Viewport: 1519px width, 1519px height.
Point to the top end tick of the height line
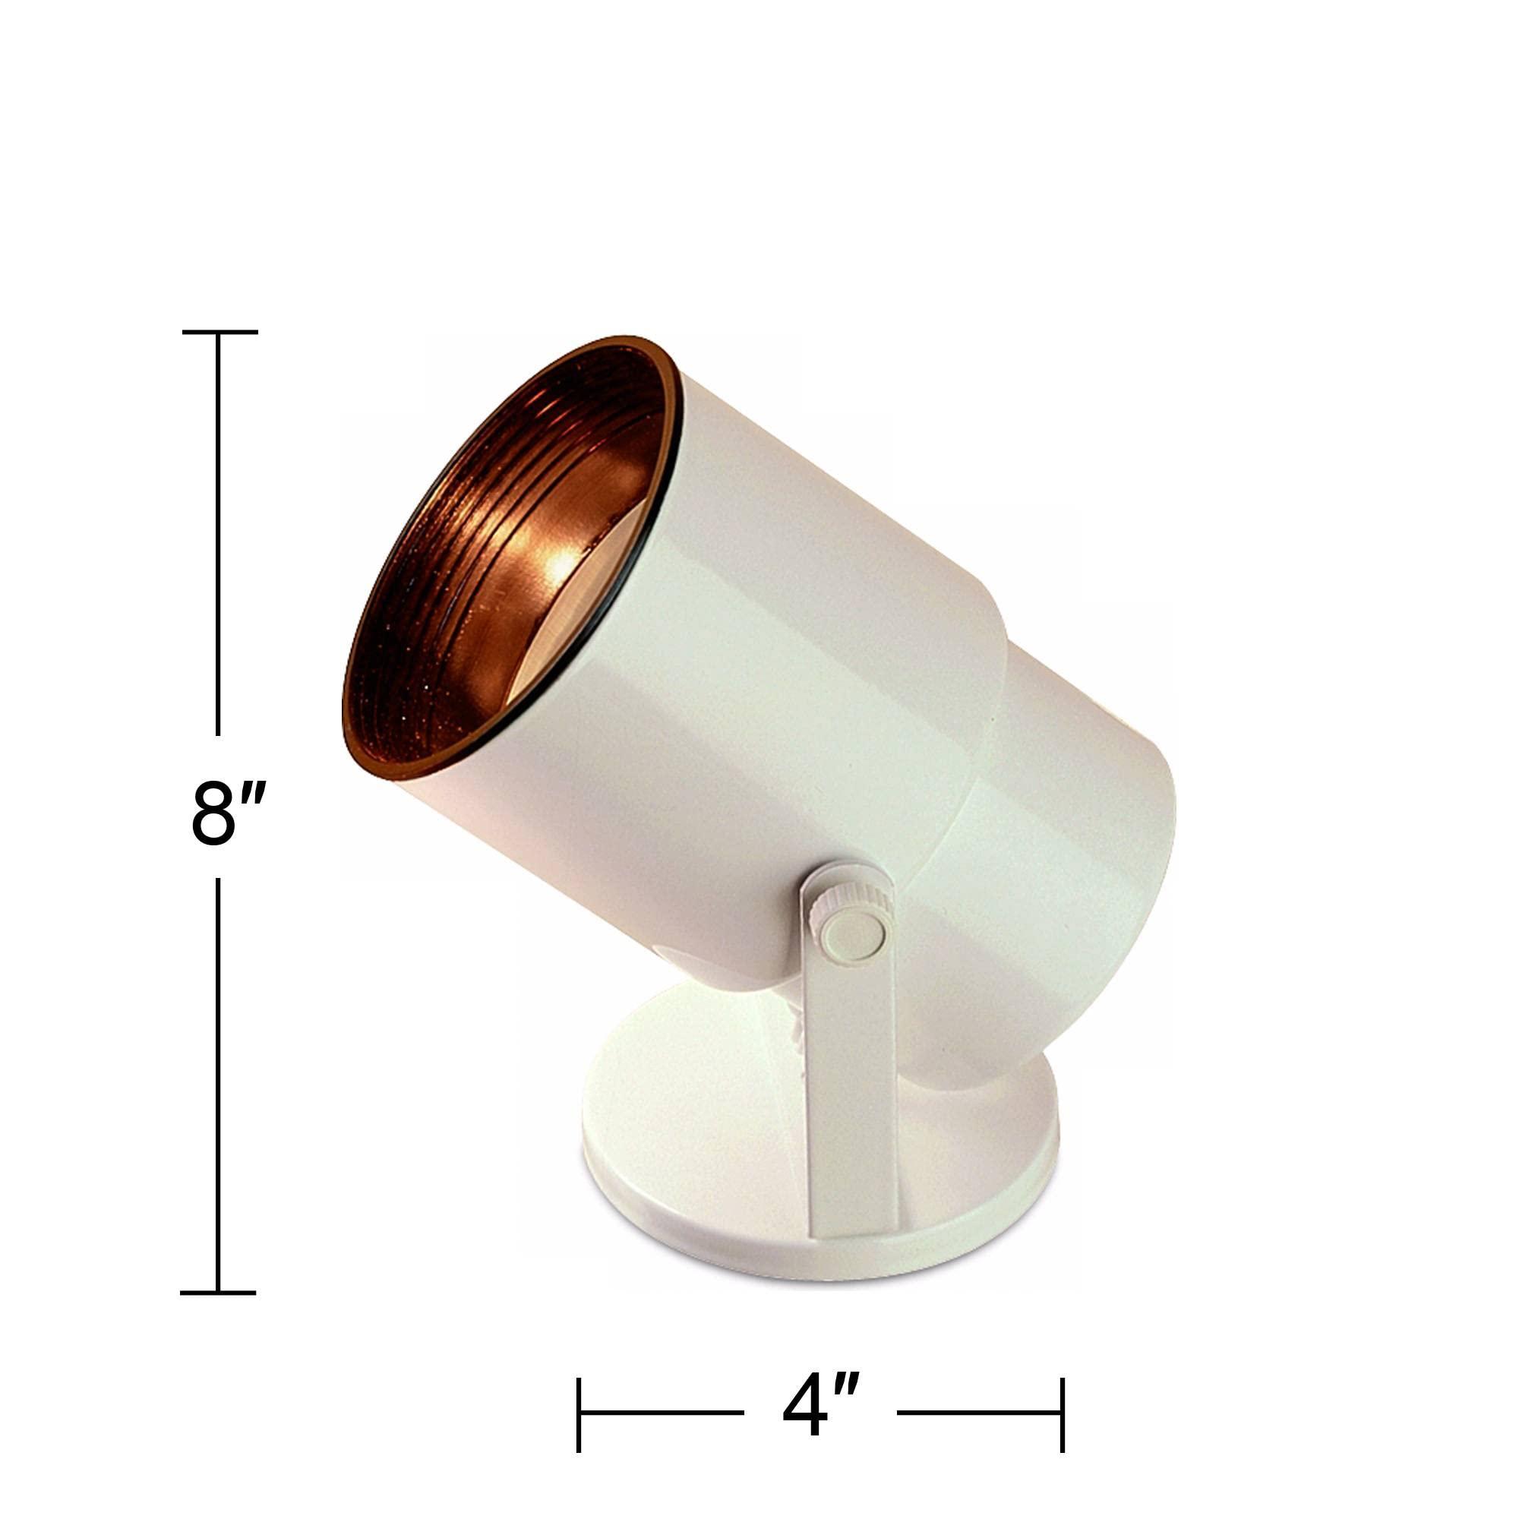coord(219,332)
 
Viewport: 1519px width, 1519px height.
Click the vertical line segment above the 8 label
coord(218,533)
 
